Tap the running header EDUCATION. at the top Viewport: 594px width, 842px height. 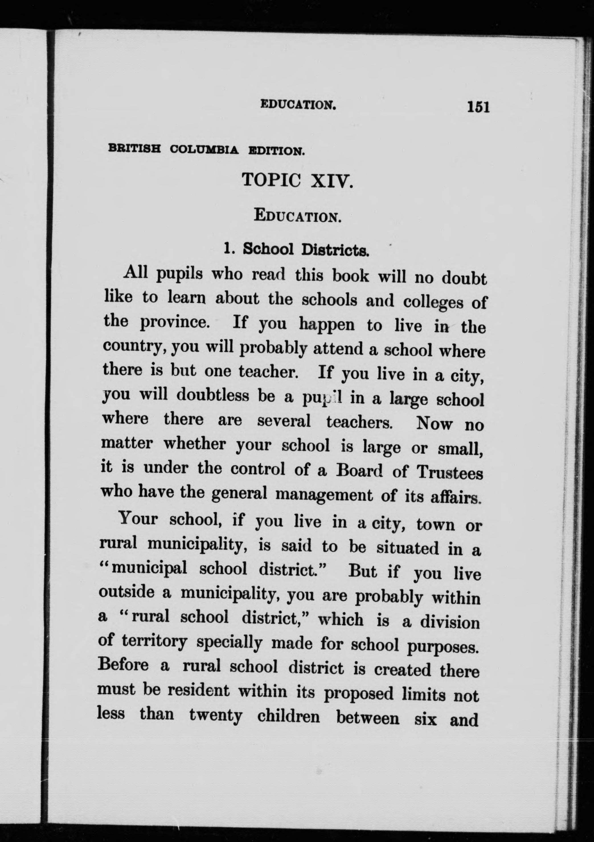[298, 105]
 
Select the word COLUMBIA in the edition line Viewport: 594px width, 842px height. [204, 150]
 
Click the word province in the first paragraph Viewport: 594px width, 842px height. [174, 323]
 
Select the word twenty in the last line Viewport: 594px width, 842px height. [216, 715]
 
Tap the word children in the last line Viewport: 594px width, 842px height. [288, 717]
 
